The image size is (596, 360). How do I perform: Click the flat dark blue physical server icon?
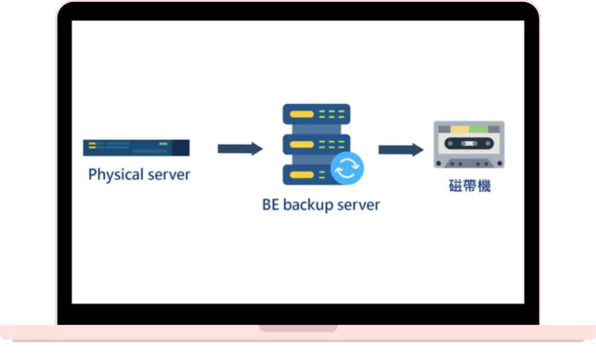[136, 147]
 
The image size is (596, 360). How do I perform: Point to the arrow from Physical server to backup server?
[240, 148]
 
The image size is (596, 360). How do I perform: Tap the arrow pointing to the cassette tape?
[401, 149]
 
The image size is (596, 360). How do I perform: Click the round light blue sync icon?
[347, 169]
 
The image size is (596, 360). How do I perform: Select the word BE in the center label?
[270, 205]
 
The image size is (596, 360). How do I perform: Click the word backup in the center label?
[309, 205]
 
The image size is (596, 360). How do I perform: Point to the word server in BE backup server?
[358, 205]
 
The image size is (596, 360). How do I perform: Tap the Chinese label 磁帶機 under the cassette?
[469, 186]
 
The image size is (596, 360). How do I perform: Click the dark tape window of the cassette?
[469, 147]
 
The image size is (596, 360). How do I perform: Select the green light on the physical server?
[163, 144]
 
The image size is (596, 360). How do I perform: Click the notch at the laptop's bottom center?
[297, 328]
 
